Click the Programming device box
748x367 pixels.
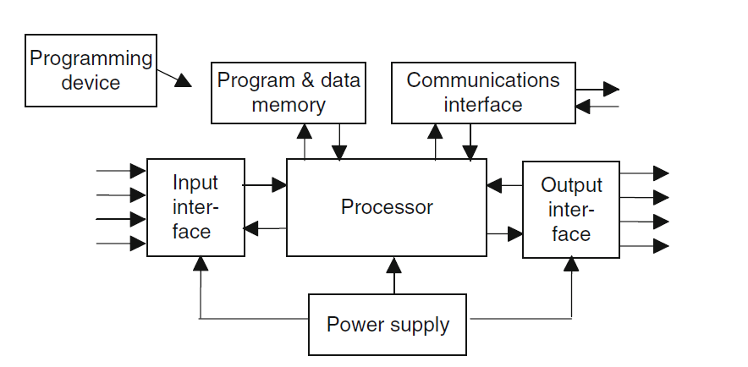coord(91,71)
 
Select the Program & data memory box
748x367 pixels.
coord(288,93)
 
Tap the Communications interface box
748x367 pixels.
coord(482,92)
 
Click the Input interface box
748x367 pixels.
coord(195,207)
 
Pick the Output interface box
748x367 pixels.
coord(571,209)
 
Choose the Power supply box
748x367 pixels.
coord(388,325)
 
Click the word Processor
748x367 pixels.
coord(387,207)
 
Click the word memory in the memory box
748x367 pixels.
coord(288,105)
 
